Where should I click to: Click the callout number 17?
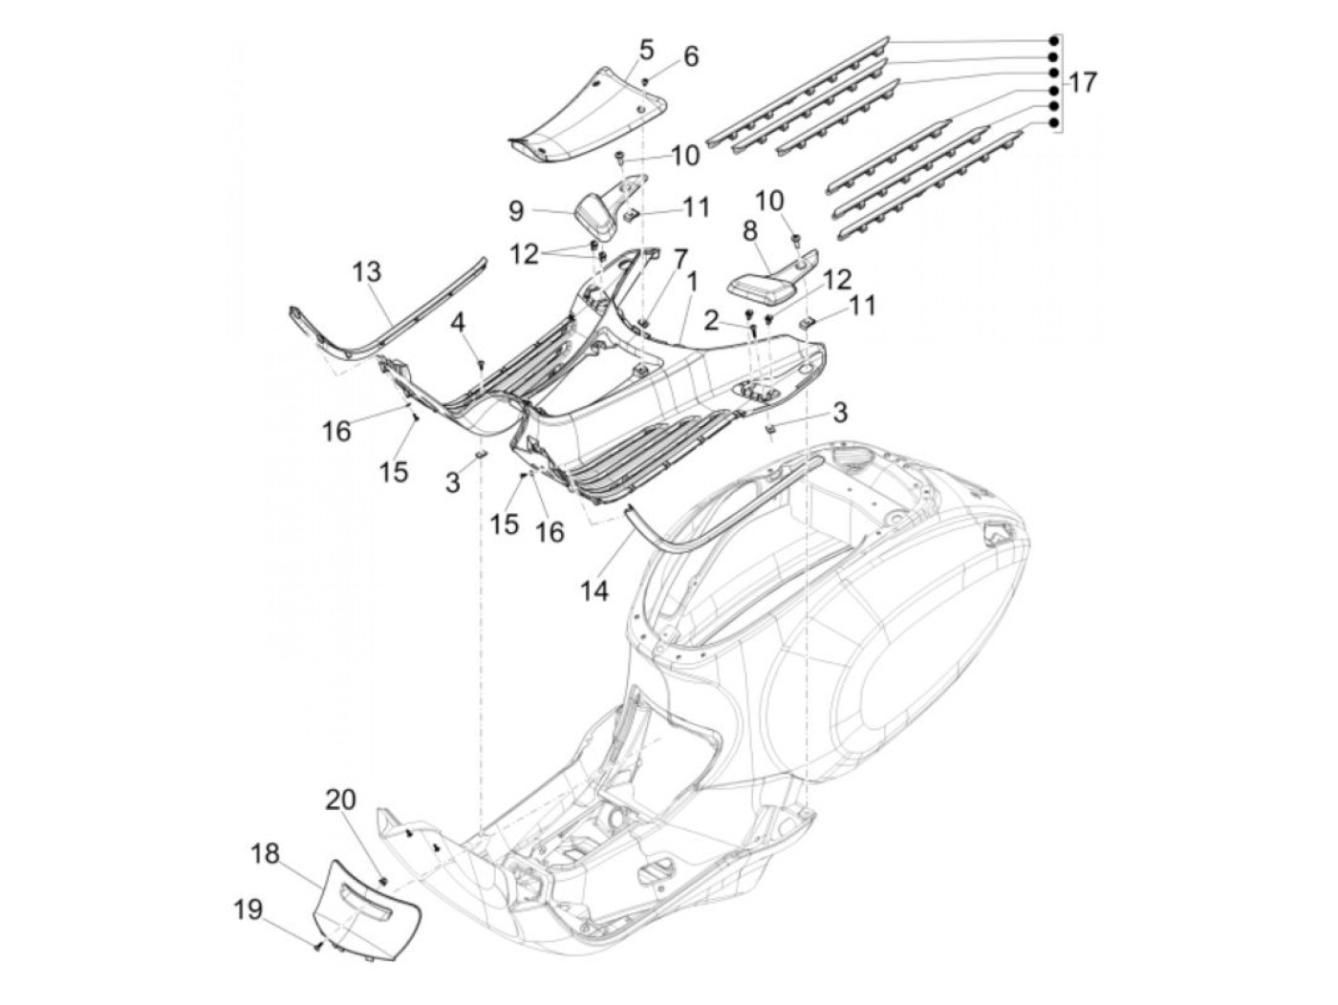1081,82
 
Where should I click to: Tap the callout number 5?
646,50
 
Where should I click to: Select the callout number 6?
690,56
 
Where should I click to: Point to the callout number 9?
516,211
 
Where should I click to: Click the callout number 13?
367,271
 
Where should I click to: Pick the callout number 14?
594,590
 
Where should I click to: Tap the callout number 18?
266,853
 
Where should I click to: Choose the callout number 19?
248,909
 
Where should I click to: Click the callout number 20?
340,799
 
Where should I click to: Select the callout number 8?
750,231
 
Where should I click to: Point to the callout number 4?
457,323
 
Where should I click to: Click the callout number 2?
711,321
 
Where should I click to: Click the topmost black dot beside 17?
1053,41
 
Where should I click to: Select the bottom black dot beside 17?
1053,123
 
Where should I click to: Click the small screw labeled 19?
317,946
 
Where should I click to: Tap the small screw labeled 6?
645,80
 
